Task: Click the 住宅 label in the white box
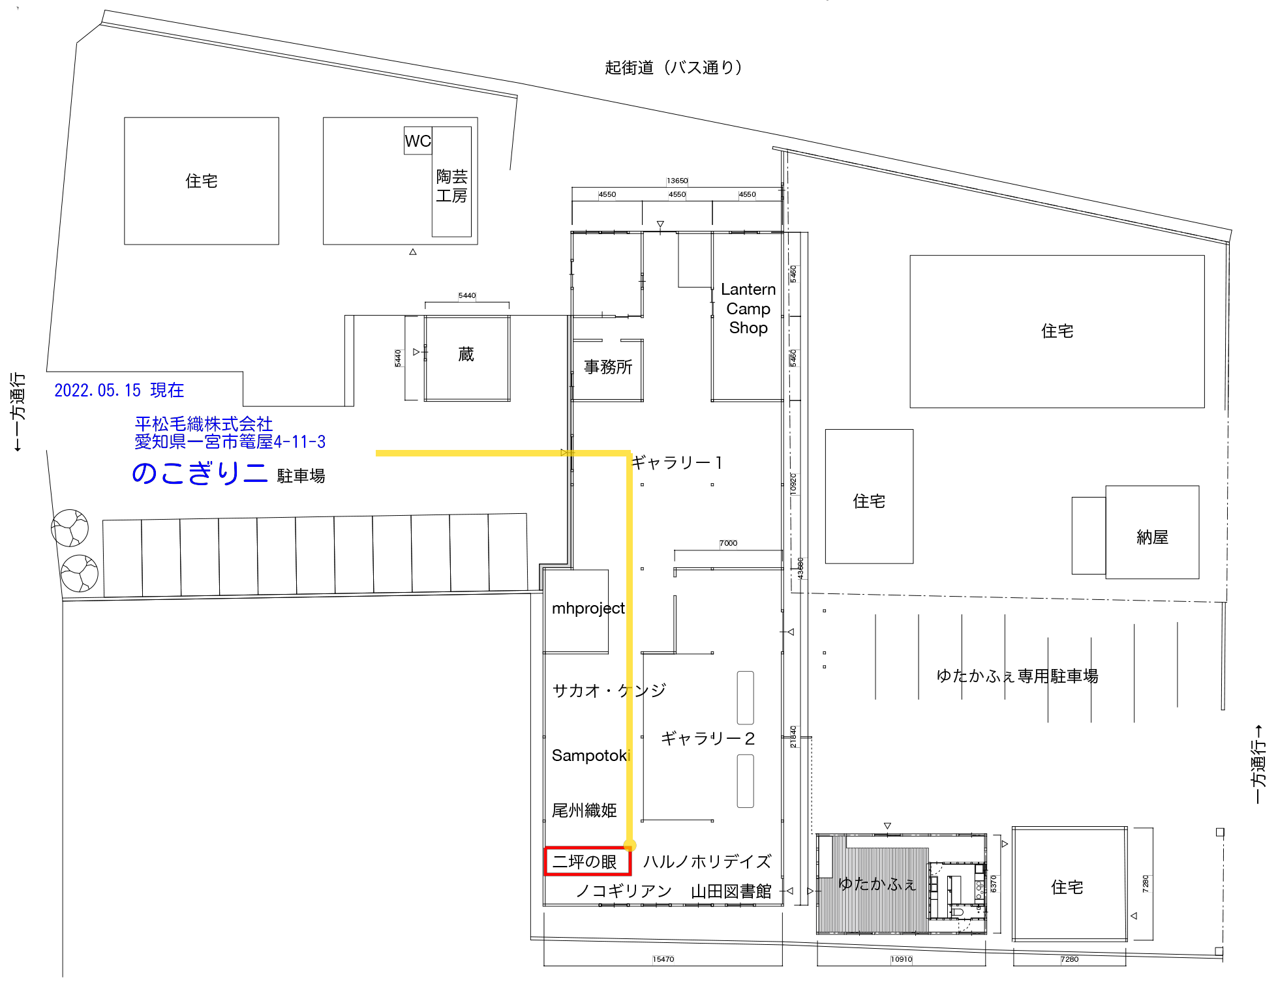coord(202,181)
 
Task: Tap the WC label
coord(418,141)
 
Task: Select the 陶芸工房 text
coord(451,186)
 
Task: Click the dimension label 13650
coord(677,181)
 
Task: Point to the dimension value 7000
coord(728,544)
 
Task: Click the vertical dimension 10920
coord(794,485)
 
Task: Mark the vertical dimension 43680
coord(802,569)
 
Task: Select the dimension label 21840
coord(794,737)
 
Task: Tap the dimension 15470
coord(663,960)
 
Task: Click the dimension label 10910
coord(901,960)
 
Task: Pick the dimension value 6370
coord(994,884)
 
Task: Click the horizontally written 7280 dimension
coord(1069,960)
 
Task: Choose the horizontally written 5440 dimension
coord(467,296)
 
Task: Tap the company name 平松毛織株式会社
coord(204,424)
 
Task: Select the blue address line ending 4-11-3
coord(230,442)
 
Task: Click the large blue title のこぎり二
coord(200,473)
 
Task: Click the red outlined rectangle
coord(587,861)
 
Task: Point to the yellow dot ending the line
coord(630,846)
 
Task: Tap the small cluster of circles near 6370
coord(979,890)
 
